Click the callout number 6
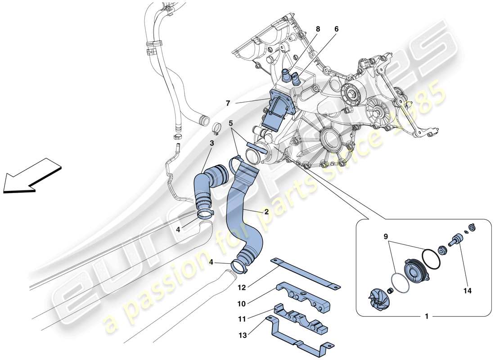336,29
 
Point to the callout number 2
267,211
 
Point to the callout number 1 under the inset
426,316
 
